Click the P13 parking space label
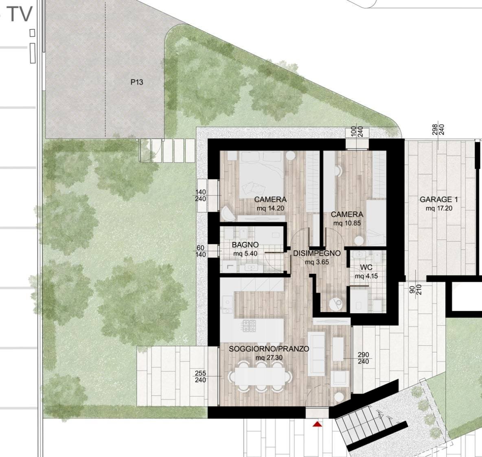(x=137, y=82)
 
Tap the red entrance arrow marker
(x=317, y=424)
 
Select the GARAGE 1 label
(x=439, y=200)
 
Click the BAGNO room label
(x=245, y=245)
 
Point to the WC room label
(x=366, y=268)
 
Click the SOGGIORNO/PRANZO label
(x=269, y=349)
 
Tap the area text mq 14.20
(x=270, y=208)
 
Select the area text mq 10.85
(x=347, y=223)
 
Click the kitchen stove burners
(x=249, y=325)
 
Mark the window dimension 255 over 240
(x=200, y=377)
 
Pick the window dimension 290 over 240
(x=363, y=358)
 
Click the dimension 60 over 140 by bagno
(x=200, y=251)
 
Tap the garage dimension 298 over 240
(x=438, y=130)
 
